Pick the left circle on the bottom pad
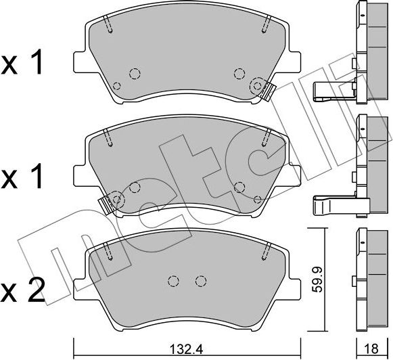[173, 281]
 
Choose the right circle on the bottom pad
[200, 281]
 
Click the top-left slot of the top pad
[109, 25]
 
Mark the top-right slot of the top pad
[262, 25]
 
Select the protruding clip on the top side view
[331, 90]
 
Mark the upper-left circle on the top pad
[134, 74]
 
